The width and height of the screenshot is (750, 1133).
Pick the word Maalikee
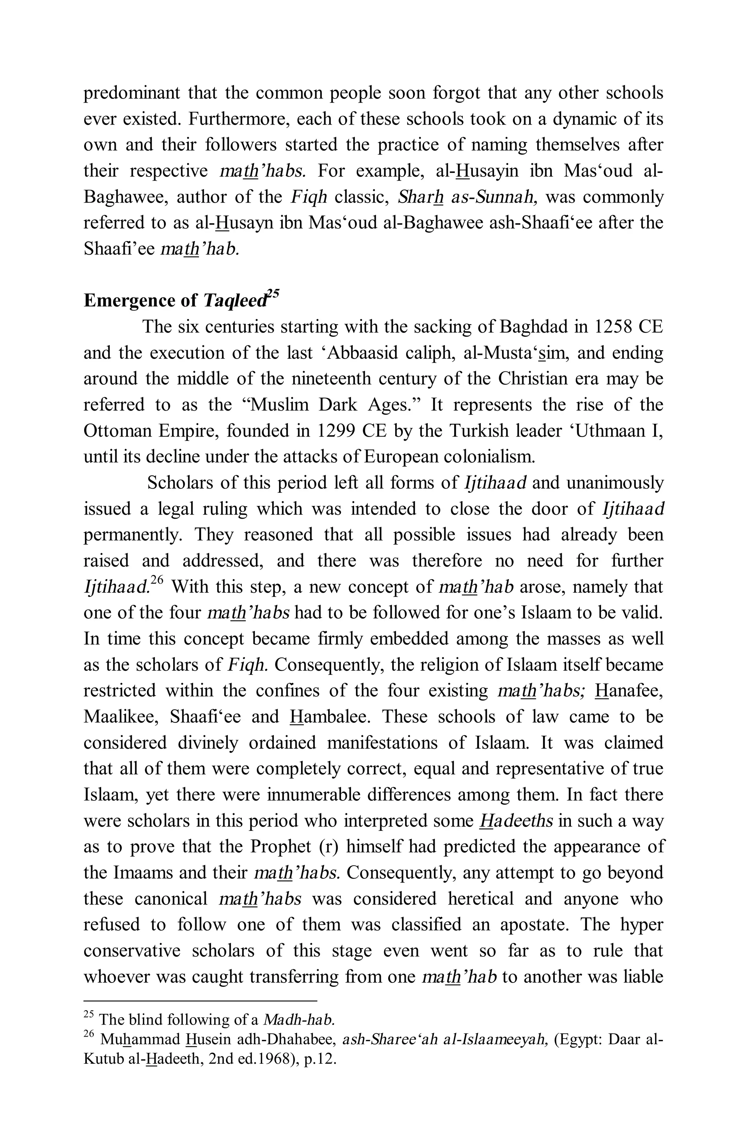pyautogui.click(x=121, y=717)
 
